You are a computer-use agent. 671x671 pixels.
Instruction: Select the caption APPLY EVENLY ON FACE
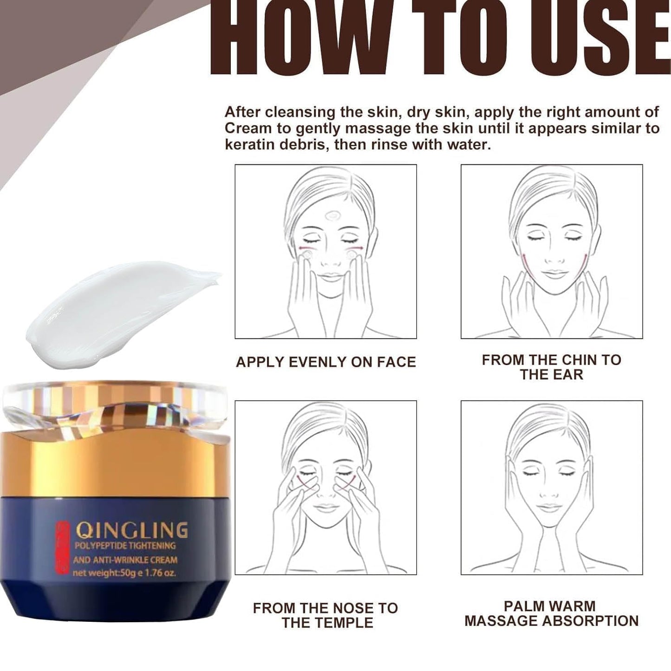tap(326, 362)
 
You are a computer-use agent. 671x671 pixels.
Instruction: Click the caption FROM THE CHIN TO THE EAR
tap(551, 367)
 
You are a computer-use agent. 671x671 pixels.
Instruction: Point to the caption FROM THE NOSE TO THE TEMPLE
tap(326, 615)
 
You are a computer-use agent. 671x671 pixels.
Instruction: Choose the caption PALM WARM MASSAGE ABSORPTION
tap(551, 613)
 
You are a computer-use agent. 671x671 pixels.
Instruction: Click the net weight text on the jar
tap(124, 573)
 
